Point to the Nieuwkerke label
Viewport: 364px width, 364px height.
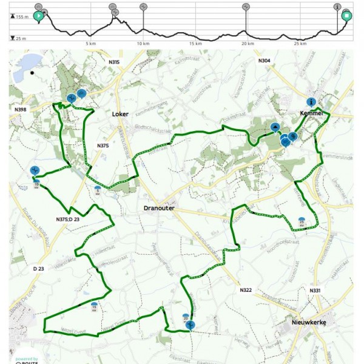tap(309, 323)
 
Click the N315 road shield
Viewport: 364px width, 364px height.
tap(113, 62)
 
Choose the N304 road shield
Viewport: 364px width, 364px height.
tap(264, 61)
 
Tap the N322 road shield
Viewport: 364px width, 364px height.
tap(245, 291)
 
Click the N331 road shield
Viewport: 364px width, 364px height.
tap(315, 291)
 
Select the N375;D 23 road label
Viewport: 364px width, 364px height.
tap(67, 219)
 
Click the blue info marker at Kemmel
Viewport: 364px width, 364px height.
tap(311, 103)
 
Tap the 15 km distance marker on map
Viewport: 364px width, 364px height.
tap(94, 306)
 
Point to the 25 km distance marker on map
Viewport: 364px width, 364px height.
tap(301, 221)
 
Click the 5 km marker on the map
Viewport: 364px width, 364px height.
tap(98, 189)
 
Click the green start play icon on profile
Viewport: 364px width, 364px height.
tap(38, 16)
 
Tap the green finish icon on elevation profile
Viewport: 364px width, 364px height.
tap(346, 16)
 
